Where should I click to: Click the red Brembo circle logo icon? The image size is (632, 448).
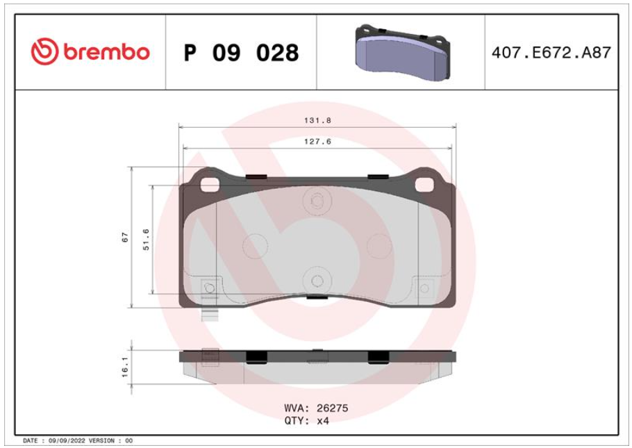coord(44,51)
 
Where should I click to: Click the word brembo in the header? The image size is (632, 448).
coord(106,51)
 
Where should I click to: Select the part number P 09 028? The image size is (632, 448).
coord(241,53)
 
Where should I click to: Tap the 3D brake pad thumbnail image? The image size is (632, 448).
coord(402,52)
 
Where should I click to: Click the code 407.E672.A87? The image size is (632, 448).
coord(551,53)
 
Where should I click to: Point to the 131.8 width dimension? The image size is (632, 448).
coord(317,120)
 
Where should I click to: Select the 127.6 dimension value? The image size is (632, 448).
coord(317,142)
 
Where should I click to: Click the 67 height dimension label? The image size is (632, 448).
coord(125,237)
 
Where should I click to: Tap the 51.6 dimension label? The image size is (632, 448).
coord(146,240)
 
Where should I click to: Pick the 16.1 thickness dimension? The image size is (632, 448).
coord(125,367)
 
